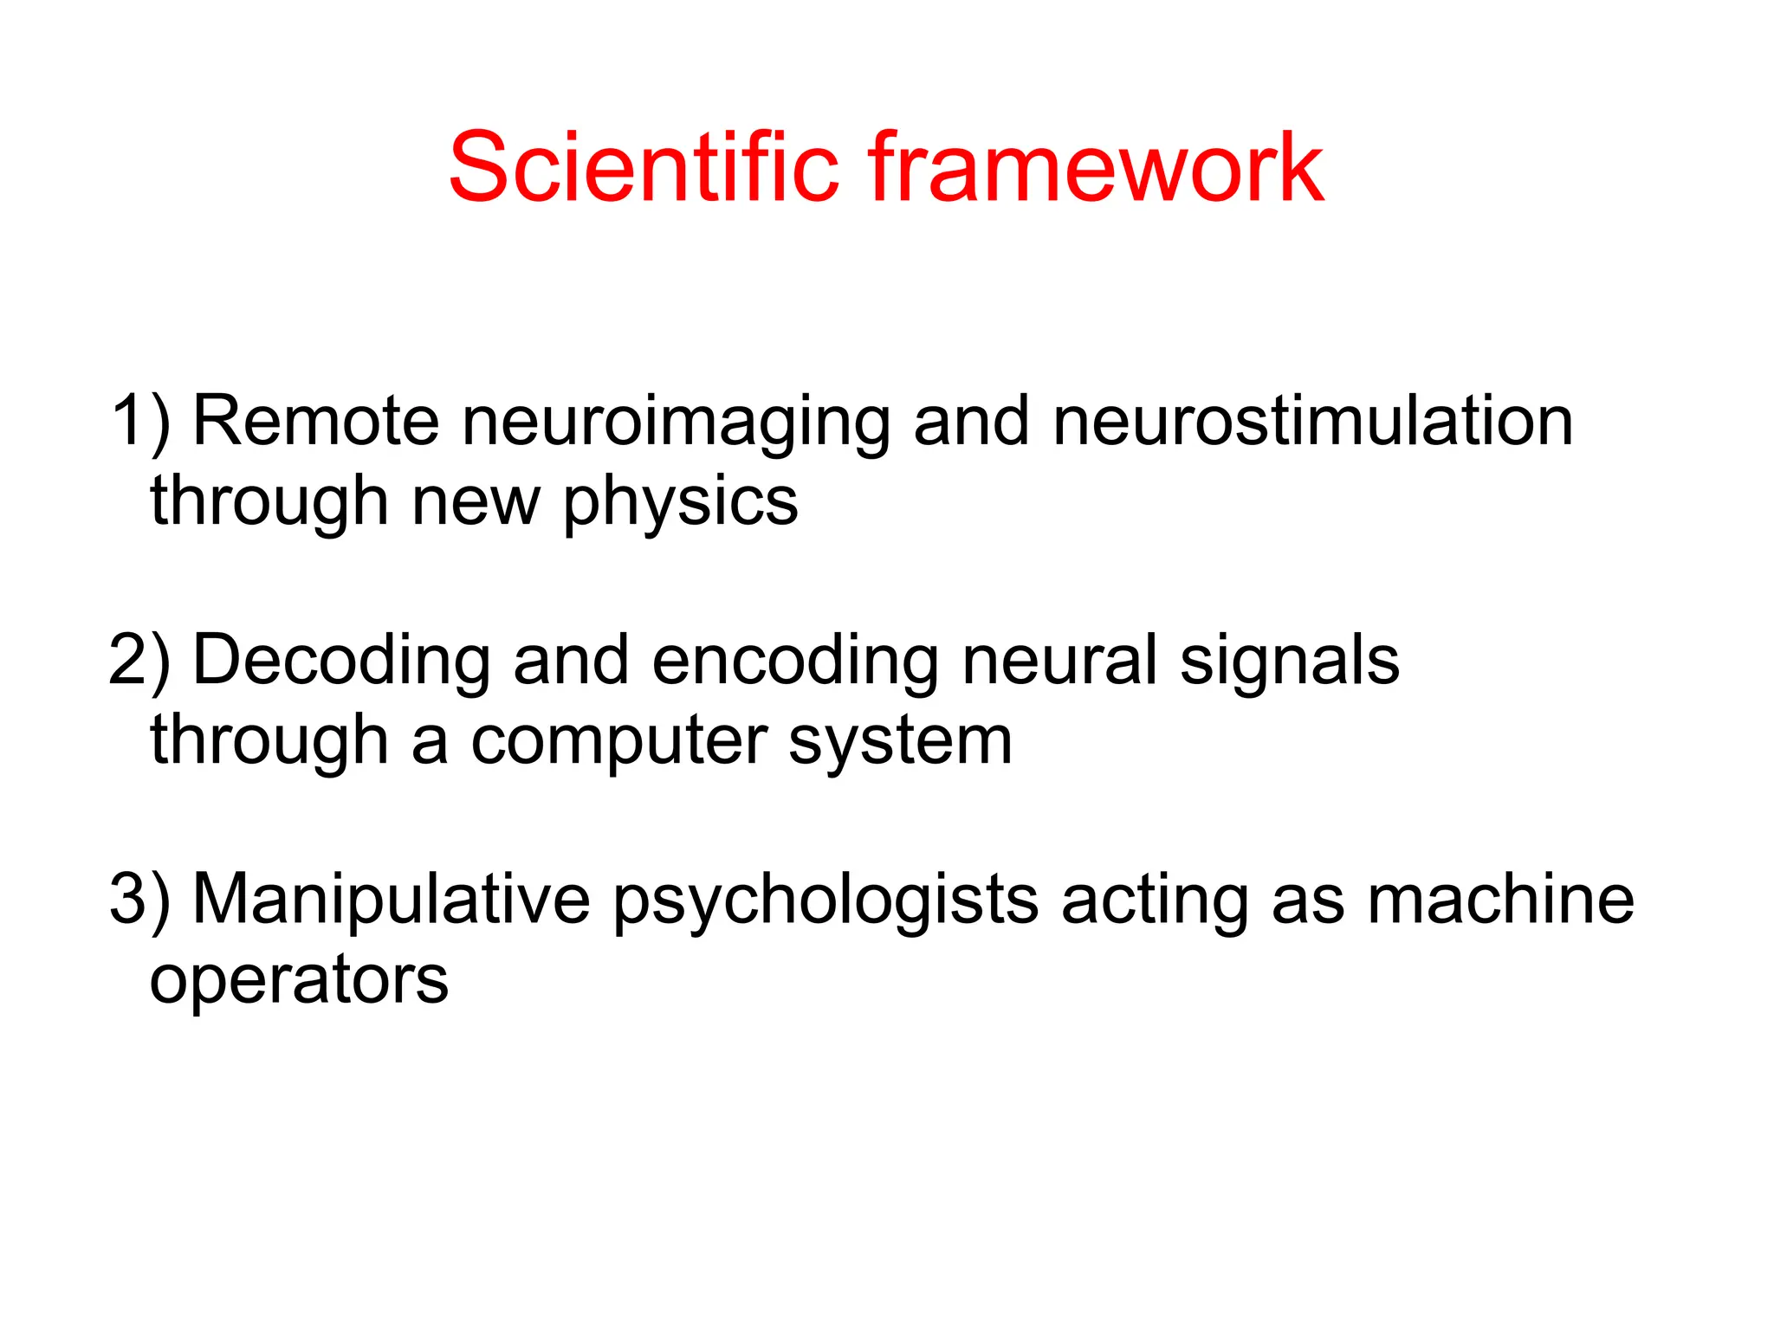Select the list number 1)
click(x=141, y=422)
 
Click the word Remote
click(x=316, y=422)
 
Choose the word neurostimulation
click(x=1312, y=422)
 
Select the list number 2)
click(x=140, y=661)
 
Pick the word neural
click(x=1059, y=661)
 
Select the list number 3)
click(x=140, y=900)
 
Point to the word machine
click(x=1500, y=900)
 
